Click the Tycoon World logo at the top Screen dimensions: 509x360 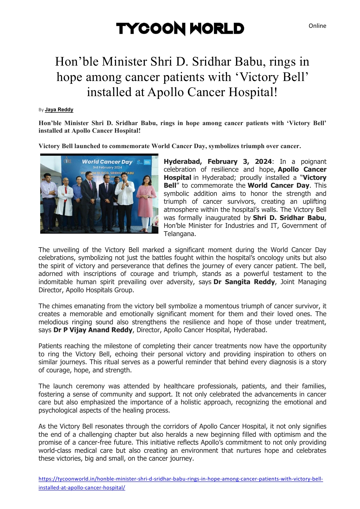click(x=180, y=29)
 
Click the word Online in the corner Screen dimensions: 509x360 click(x=317, y=26)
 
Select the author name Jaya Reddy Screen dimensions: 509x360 click(x=59, y=110)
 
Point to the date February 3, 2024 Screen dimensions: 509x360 click(x=239, y=162)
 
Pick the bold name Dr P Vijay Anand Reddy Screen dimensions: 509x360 click(x=93, y=330)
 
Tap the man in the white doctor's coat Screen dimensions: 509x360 click(x=65, y=203)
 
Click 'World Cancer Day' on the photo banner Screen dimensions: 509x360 click(x=107, y=162)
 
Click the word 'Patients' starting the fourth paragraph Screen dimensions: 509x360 click(x=50, y=346)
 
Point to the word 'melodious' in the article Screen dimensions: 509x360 click(x=53, y=322)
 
